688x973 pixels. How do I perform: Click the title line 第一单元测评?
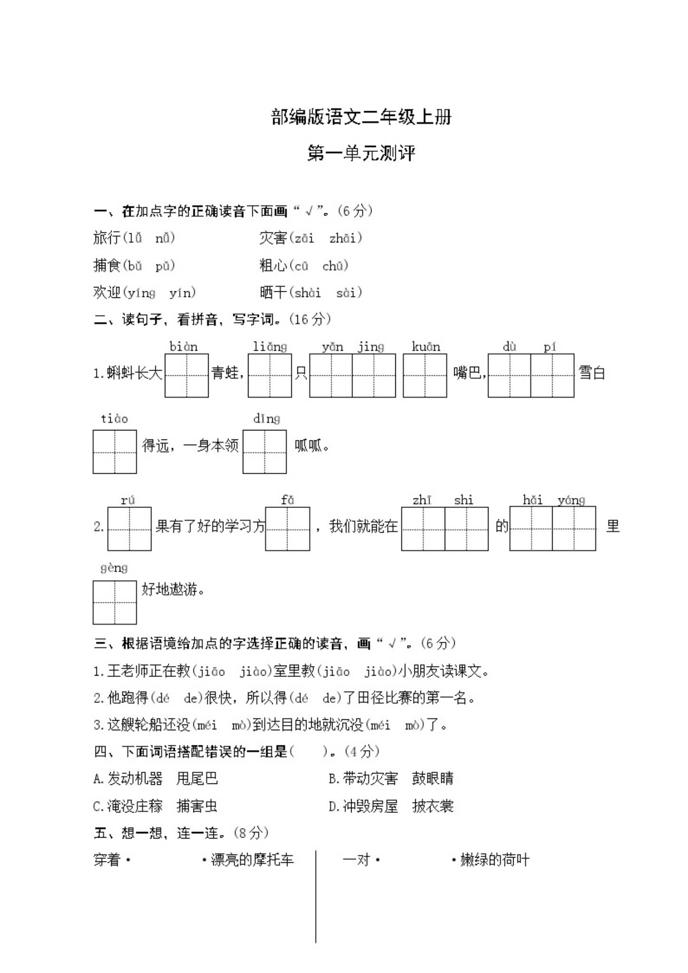point(361,153)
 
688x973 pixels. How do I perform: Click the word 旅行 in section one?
point(107,238)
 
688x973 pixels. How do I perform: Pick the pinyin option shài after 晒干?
point(307,293)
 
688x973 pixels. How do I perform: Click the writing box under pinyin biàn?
point(186,375)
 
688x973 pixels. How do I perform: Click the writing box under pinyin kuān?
point(425,375)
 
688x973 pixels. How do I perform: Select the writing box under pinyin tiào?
point(115,451)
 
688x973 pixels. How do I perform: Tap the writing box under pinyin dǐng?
point(265,451)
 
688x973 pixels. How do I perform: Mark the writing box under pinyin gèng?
point(115,602)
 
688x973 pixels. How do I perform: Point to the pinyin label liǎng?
point(270,346)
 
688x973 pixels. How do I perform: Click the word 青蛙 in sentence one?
point(225,372)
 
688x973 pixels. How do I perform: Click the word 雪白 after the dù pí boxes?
point(592,372)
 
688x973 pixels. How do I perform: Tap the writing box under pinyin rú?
point(129,529)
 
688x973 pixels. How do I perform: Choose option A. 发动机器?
point(128,779)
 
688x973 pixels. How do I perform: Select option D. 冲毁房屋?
point(363,806)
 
